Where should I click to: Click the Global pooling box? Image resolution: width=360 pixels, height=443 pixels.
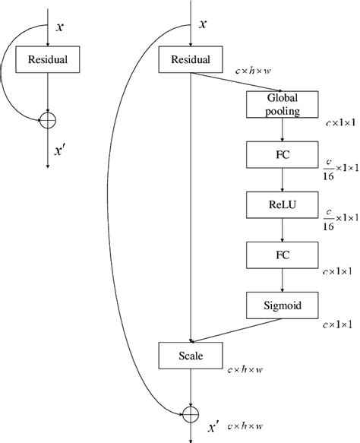(283, 104)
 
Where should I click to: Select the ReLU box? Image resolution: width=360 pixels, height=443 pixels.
(283, 204)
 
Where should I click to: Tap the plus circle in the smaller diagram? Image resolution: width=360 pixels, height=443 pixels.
(49, 119)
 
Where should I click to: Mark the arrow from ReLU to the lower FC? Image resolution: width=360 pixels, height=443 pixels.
(283, 229)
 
